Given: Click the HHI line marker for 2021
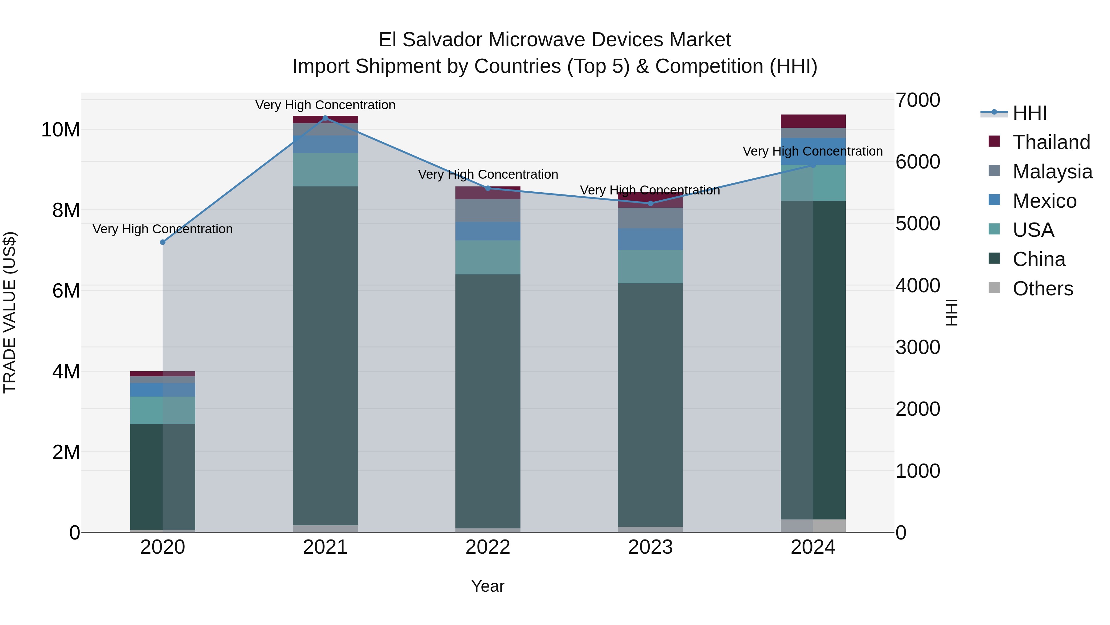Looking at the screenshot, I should [x=325, y=118].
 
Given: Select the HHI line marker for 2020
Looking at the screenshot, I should [x=162, y=242].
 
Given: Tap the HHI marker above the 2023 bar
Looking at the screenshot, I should [x=651, y=203].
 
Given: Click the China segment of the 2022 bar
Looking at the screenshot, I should [x=488, y=401].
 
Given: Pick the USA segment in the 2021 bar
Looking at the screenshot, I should [x=325, y=169].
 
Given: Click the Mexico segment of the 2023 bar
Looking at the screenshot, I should [x=650, y=240].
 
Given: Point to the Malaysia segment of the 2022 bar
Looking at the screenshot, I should [x=488, y=210].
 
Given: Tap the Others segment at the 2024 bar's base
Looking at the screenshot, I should [x=813, y=526].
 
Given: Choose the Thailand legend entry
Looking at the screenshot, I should [x=1051, y=142].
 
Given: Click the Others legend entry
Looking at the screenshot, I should [x=1042, y=289].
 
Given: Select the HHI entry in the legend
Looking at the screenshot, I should [x=1030, y=113].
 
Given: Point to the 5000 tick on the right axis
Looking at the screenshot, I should [x=917, y=223].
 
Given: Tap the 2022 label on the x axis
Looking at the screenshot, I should [x=488, y=547].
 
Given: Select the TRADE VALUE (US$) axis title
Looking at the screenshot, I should [x=10, y=312].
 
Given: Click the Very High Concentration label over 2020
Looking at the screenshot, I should [x=162, y=229].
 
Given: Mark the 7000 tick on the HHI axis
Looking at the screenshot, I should [x=917, y=100].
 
